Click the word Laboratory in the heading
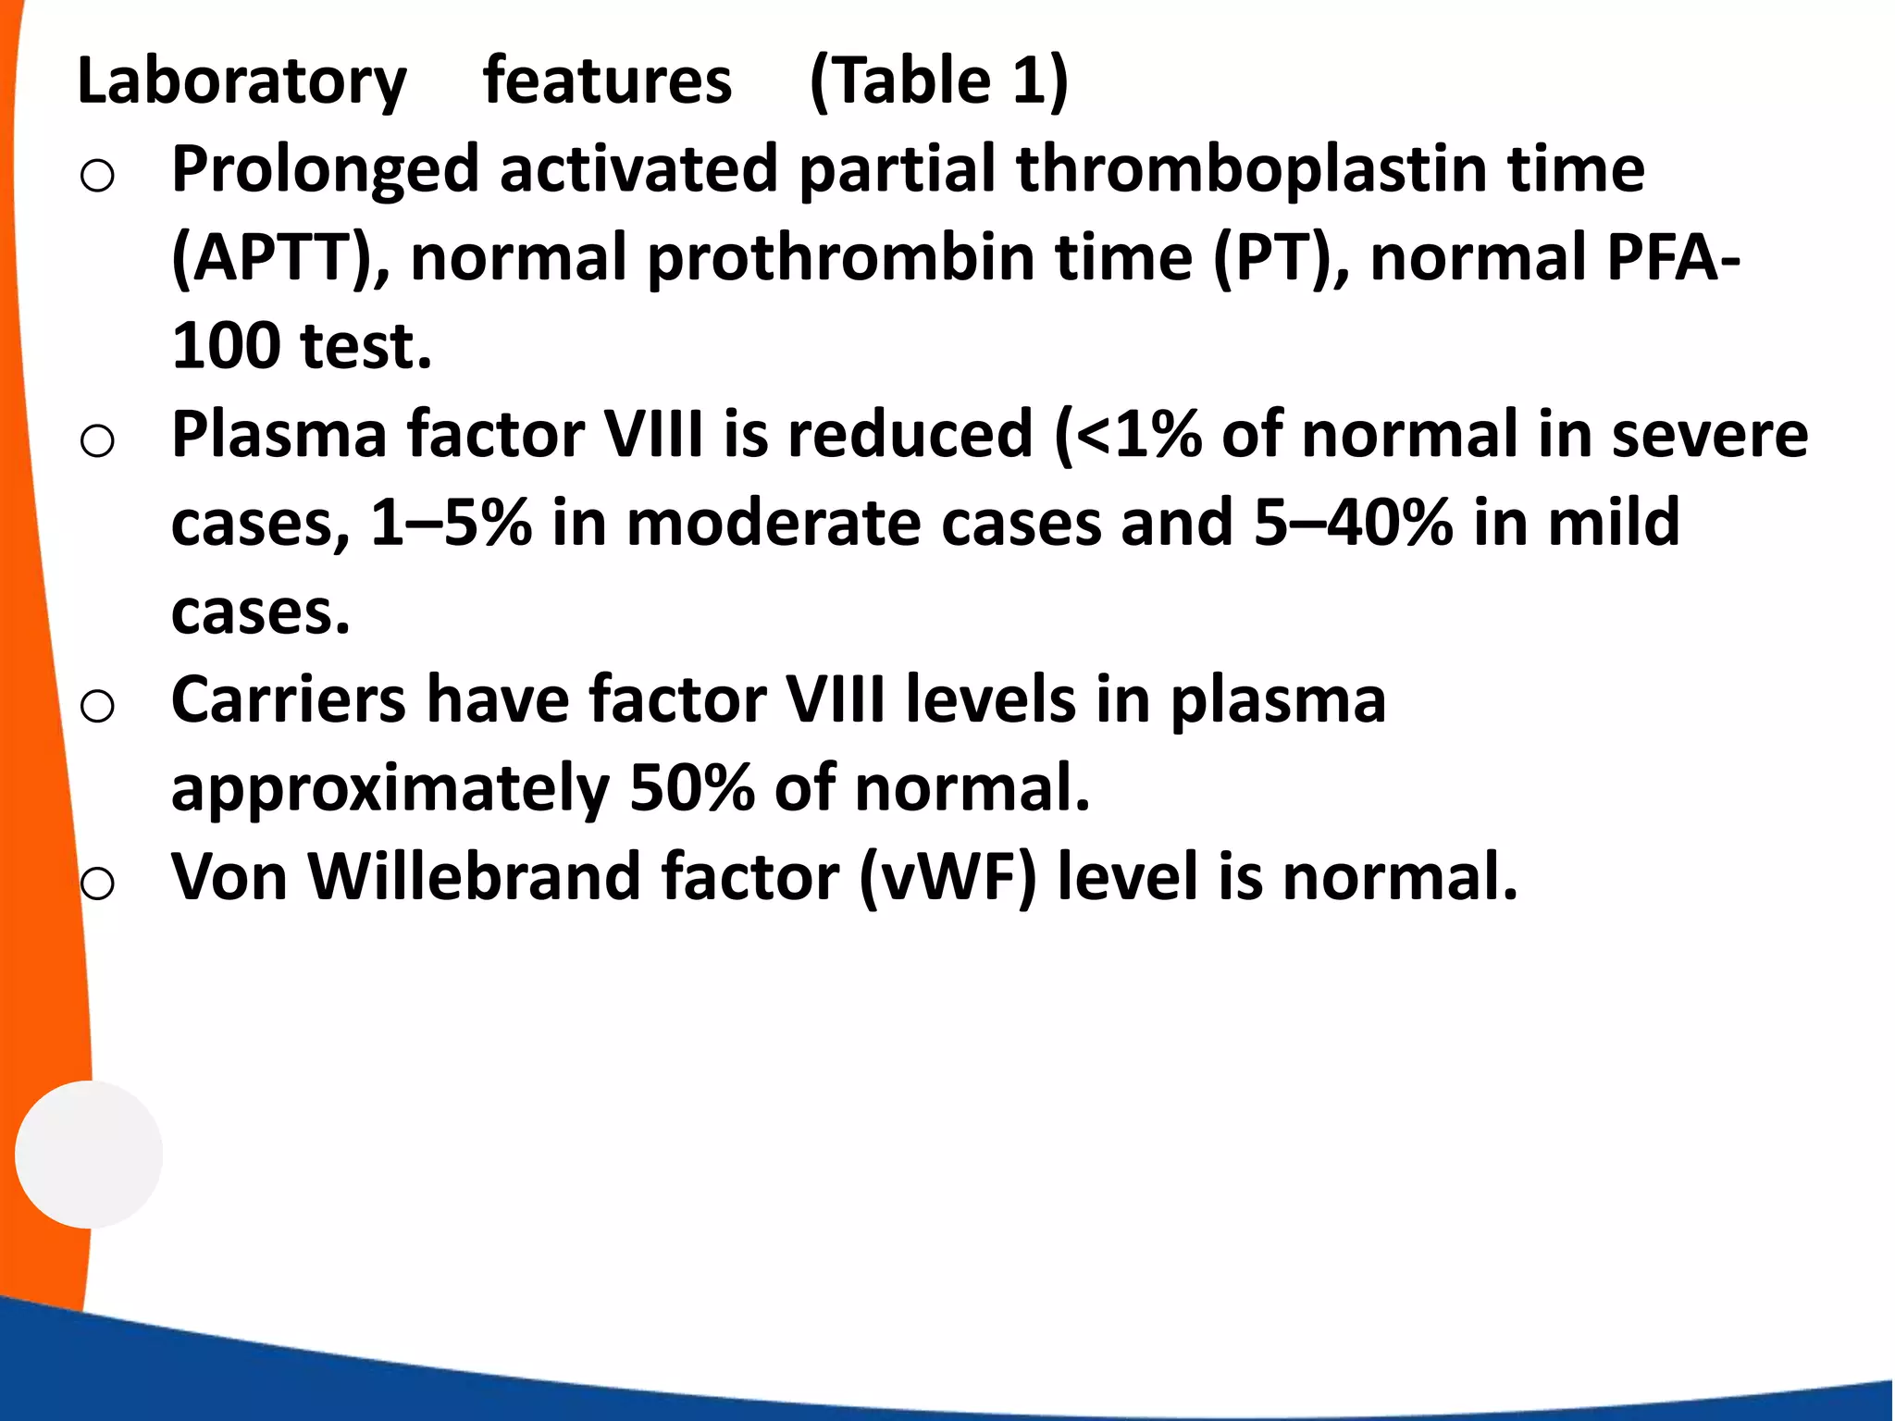tap(242, 81)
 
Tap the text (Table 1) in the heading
tap(938, 81)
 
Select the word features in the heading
tap(607, 81)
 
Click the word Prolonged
tap(325, 170)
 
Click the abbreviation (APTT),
tap(280, 258)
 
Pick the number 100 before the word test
tap(226, 346)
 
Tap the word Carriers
tap(288, 699)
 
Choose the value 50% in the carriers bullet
tap(691, 788)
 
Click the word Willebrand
tap(474, 877)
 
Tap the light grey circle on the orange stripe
tap(89, 1154)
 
